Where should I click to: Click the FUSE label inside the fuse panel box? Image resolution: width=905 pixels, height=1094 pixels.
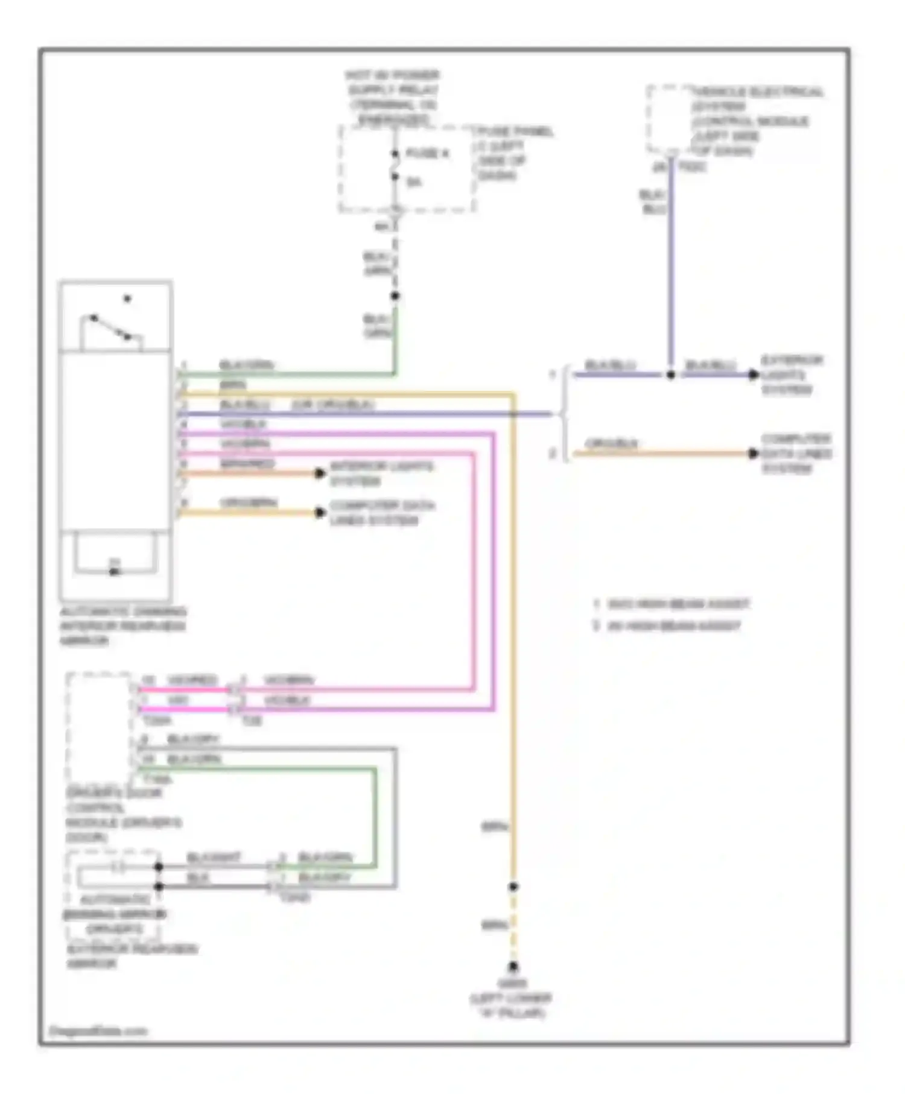(x=427, y=154)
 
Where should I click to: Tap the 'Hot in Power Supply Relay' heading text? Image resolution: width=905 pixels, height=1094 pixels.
(x=393, y=97)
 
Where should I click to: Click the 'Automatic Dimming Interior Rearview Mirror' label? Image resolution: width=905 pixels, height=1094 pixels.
(x=122, y=626)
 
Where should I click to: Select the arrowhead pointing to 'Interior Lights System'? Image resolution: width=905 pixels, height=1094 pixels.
(x=320, y=473)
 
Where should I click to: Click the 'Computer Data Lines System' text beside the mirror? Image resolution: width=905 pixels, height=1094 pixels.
(x=382, y=513)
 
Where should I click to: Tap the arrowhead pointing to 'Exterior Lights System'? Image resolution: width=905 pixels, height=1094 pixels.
(x=753, y=375)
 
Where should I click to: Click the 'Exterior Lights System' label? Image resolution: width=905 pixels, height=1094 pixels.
(x=791, y=375)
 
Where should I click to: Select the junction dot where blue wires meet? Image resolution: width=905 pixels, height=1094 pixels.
(x=670, y=375)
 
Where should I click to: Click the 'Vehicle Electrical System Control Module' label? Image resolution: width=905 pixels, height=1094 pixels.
(x=754, y=121)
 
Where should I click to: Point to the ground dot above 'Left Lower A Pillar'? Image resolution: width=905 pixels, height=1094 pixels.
(x=512, y=967)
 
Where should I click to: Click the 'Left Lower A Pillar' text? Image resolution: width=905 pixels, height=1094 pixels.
(x=512, y=1005)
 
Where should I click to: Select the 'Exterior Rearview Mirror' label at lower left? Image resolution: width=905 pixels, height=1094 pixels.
(x=132, y=956)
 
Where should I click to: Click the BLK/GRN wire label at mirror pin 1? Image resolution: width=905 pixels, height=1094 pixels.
(x=246, y=365)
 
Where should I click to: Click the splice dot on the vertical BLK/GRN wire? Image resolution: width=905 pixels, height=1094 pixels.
(x=395, y=296)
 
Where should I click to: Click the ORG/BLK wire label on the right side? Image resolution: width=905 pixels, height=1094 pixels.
(x=611, y=443)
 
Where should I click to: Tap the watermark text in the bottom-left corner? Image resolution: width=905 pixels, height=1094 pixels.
(x=98, y=1031)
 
